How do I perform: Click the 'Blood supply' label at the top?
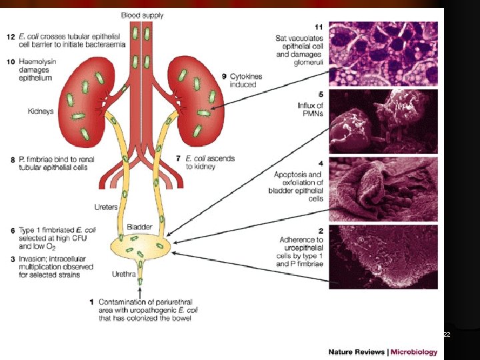pyautogui.click(x=142, y=15)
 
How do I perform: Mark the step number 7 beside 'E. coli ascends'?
pyautogui.click(x=178, y=158)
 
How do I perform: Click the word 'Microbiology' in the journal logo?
pyautogui.click(x=414, y=352)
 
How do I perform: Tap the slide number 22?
pyautogui.click(x=447, y=335)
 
